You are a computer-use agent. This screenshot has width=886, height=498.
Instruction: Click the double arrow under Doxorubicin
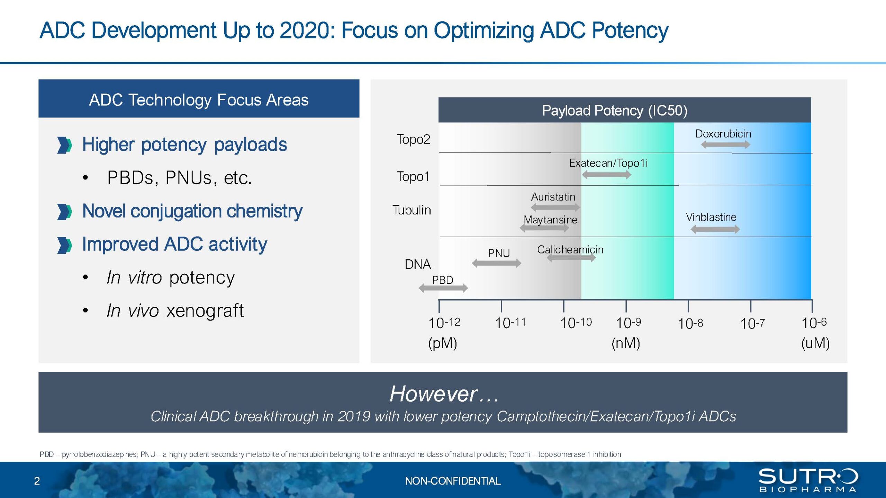pos(725,145)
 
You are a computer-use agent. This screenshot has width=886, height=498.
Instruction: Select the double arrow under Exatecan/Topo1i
pos(606,175)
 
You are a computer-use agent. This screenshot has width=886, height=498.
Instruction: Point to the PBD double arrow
pos(443,288)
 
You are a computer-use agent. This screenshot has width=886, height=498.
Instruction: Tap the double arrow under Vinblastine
pos(715,229)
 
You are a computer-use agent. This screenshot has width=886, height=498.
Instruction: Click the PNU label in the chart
pos(499,253)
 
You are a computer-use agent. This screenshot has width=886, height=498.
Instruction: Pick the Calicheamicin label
pos(570,249)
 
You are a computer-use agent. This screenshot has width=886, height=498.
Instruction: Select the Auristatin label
pos(553,197)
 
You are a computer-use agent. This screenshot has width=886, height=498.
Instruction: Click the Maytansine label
pos(550,220)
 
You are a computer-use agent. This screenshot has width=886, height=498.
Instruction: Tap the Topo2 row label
pos(413,139)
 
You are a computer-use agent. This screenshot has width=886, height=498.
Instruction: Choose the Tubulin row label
pos(412,210)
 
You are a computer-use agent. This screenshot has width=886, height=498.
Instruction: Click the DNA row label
pos(418,264)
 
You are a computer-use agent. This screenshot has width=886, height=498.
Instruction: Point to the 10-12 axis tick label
pos(444,323)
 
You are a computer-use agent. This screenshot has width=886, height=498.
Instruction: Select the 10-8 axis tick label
pos(690,324)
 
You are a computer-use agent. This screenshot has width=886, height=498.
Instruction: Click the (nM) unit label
pos(626,343)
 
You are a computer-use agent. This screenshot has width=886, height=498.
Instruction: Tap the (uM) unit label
pos(815,343)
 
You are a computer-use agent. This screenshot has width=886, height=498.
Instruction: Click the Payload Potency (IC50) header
pos(615,111)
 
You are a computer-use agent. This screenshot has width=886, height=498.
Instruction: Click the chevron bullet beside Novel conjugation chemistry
pos(64,212)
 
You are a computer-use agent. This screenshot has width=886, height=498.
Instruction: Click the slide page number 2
pos(37,481)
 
